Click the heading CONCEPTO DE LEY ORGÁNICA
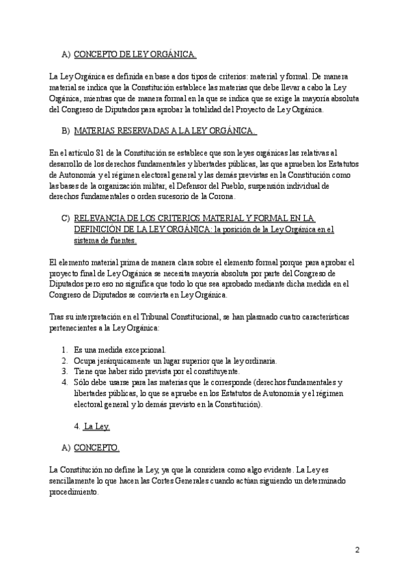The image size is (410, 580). pyautogui.click(x=135, y=55)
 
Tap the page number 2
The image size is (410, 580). pyautogui.click(x=357, y=549)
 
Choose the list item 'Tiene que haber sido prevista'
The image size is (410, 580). pyautogui.click(x=156, y=371)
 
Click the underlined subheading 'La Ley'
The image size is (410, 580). pyautogui.click(x=96, y=426)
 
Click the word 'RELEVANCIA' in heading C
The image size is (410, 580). pyautogui.click(x=100, y=218)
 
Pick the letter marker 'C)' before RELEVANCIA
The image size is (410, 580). pyautogui.click(x=66, y=218)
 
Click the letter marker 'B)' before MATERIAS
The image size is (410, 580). pyautogui.click(x=66, y=131)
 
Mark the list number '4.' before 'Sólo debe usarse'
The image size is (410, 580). pyautogui.click(x=64, y=382)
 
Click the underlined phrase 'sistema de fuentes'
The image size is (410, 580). pyautogui.click(x=105, y=240)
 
